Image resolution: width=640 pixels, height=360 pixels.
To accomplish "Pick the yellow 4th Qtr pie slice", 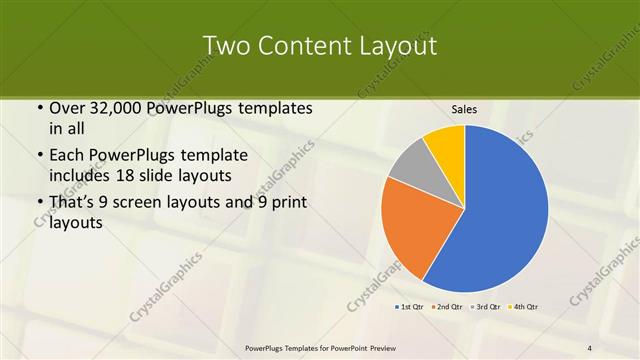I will [x=446, y=144].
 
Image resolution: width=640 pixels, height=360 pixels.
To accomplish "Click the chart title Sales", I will [x=464, y=109].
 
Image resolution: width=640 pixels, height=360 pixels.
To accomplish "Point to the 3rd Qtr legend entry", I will [x=488, y=307].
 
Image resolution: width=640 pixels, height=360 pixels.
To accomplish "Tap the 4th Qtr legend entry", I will [x=525, y=307].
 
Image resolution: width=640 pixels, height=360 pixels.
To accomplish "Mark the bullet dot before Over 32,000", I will [x=38, y=109].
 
